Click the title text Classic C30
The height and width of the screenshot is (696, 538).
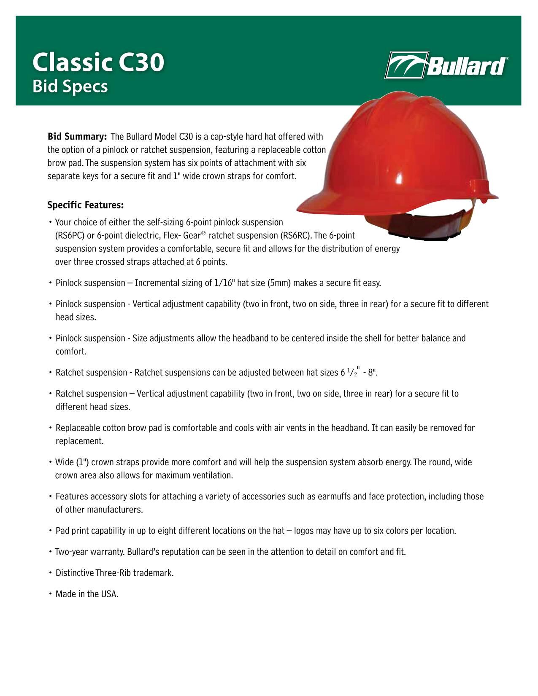click(98, 63)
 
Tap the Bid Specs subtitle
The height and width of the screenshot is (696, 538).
click(70, 86)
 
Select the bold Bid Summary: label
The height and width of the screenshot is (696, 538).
click(77, 137)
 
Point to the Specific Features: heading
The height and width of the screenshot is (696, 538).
click(86, 205)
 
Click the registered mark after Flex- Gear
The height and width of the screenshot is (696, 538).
click(203, 233)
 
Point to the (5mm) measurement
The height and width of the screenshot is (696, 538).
click(279, 283)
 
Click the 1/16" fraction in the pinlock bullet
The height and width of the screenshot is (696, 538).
click(224, 283)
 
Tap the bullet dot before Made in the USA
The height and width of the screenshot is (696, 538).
click(50, 594)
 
